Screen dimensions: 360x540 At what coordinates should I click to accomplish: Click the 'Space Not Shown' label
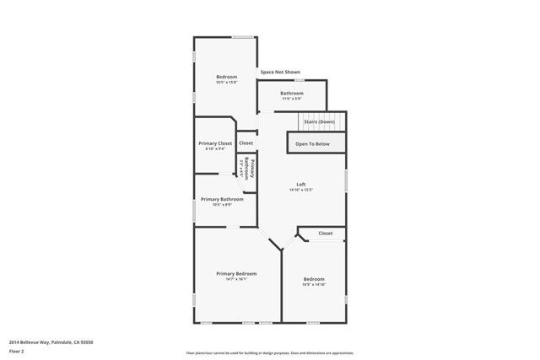point(280,72)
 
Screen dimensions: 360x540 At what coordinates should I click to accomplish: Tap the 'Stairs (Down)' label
point(319,121)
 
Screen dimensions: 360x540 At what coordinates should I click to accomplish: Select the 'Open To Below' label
point(312,144)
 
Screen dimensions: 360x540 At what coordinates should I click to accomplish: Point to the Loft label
point(300,185)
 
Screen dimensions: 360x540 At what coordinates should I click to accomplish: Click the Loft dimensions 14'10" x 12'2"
point(300,190)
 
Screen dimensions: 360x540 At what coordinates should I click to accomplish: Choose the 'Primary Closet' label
point(215,143)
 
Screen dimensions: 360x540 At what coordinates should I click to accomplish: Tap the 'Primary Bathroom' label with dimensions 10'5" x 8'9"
point(222,199)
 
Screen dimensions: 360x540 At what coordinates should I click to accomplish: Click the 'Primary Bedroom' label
point(236,273)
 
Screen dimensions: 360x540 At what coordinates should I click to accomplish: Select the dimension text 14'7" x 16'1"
point(236,279)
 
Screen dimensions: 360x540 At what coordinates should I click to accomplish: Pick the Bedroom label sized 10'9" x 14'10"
point(314,279)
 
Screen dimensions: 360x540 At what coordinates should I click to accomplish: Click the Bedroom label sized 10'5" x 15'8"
point(226,77)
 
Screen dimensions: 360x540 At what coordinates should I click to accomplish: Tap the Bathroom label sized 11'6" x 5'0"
point(292,93)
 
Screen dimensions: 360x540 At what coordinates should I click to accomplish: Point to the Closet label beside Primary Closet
point(246,143)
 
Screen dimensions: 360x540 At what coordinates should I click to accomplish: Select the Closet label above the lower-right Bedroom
point(326,233)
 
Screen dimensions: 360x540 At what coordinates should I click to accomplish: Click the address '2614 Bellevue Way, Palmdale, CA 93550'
point(51,341)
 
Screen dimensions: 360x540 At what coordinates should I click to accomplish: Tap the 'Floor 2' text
point(15,350)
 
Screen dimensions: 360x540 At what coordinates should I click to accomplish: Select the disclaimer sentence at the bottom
point(270,352)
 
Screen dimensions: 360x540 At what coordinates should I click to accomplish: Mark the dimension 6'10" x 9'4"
point(215,149)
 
